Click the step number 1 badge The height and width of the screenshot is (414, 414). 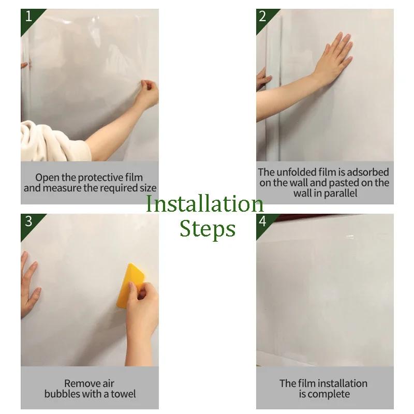[28, 17]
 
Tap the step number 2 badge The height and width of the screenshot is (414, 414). [263, 17]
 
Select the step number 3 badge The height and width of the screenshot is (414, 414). [28, 221]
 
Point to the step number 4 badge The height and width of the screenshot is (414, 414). [263, 221]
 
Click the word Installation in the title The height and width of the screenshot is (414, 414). [204, 204]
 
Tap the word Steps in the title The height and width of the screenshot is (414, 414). [208, 229]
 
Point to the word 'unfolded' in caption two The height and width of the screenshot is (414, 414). [296, 172]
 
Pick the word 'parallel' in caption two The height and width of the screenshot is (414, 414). [339, 194]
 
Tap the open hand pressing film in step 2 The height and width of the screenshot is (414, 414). [334, 57]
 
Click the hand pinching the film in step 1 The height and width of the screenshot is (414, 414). [147, 93]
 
